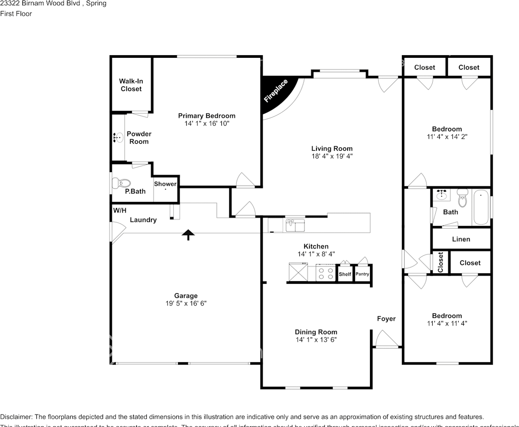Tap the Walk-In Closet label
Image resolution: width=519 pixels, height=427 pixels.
[x=131, y=85]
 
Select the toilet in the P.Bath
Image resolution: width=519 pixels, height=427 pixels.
[x=122, y=183]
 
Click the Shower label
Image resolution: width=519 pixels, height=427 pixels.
[x=165, y=184]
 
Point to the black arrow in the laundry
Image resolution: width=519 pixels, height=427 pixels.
[x=189, y=234]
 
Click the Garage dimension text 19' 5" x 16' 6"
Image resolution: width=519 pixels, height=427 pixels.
[x=186, y=303]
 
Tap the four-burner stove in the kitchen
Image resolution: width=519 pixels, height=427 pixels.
[x=325, y=272]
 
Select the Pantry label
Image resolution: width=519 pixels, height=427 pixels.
[x=362, y=274]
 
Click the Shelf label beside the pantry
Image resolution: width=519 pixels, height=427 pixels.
[x=345, y=274]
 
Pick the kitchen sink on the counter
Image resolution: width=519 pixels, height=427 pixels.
[x=295, y=226]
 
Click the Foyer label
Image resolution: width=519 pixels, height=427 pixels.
[x=386, y=318]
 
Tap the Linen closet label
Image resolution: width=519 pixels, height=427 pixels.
[x=461, y=239]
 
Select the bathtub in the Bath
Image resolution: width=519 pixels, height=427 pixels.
[x=481, y=207]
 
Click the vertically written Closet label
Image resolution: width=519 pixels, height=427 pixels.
[x=441, y=262]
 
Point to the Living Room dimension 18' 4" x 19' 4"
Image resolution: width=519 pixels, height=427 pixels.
[x=332, y=156]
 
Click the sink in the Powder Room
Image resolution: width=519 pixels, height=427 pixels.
[x=118, y=138]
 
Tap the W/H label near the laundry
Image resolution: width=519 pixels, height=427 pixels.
[x=119, y=210]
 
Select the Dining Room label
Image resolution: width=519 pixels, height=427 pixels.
[x=316, y=332]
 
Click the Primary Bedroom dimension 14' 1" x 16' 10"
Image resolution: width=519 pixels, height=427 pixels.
[x=207, y=123]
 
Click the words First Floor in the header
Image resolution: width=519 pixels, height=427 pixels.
[x=16, y=14]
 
